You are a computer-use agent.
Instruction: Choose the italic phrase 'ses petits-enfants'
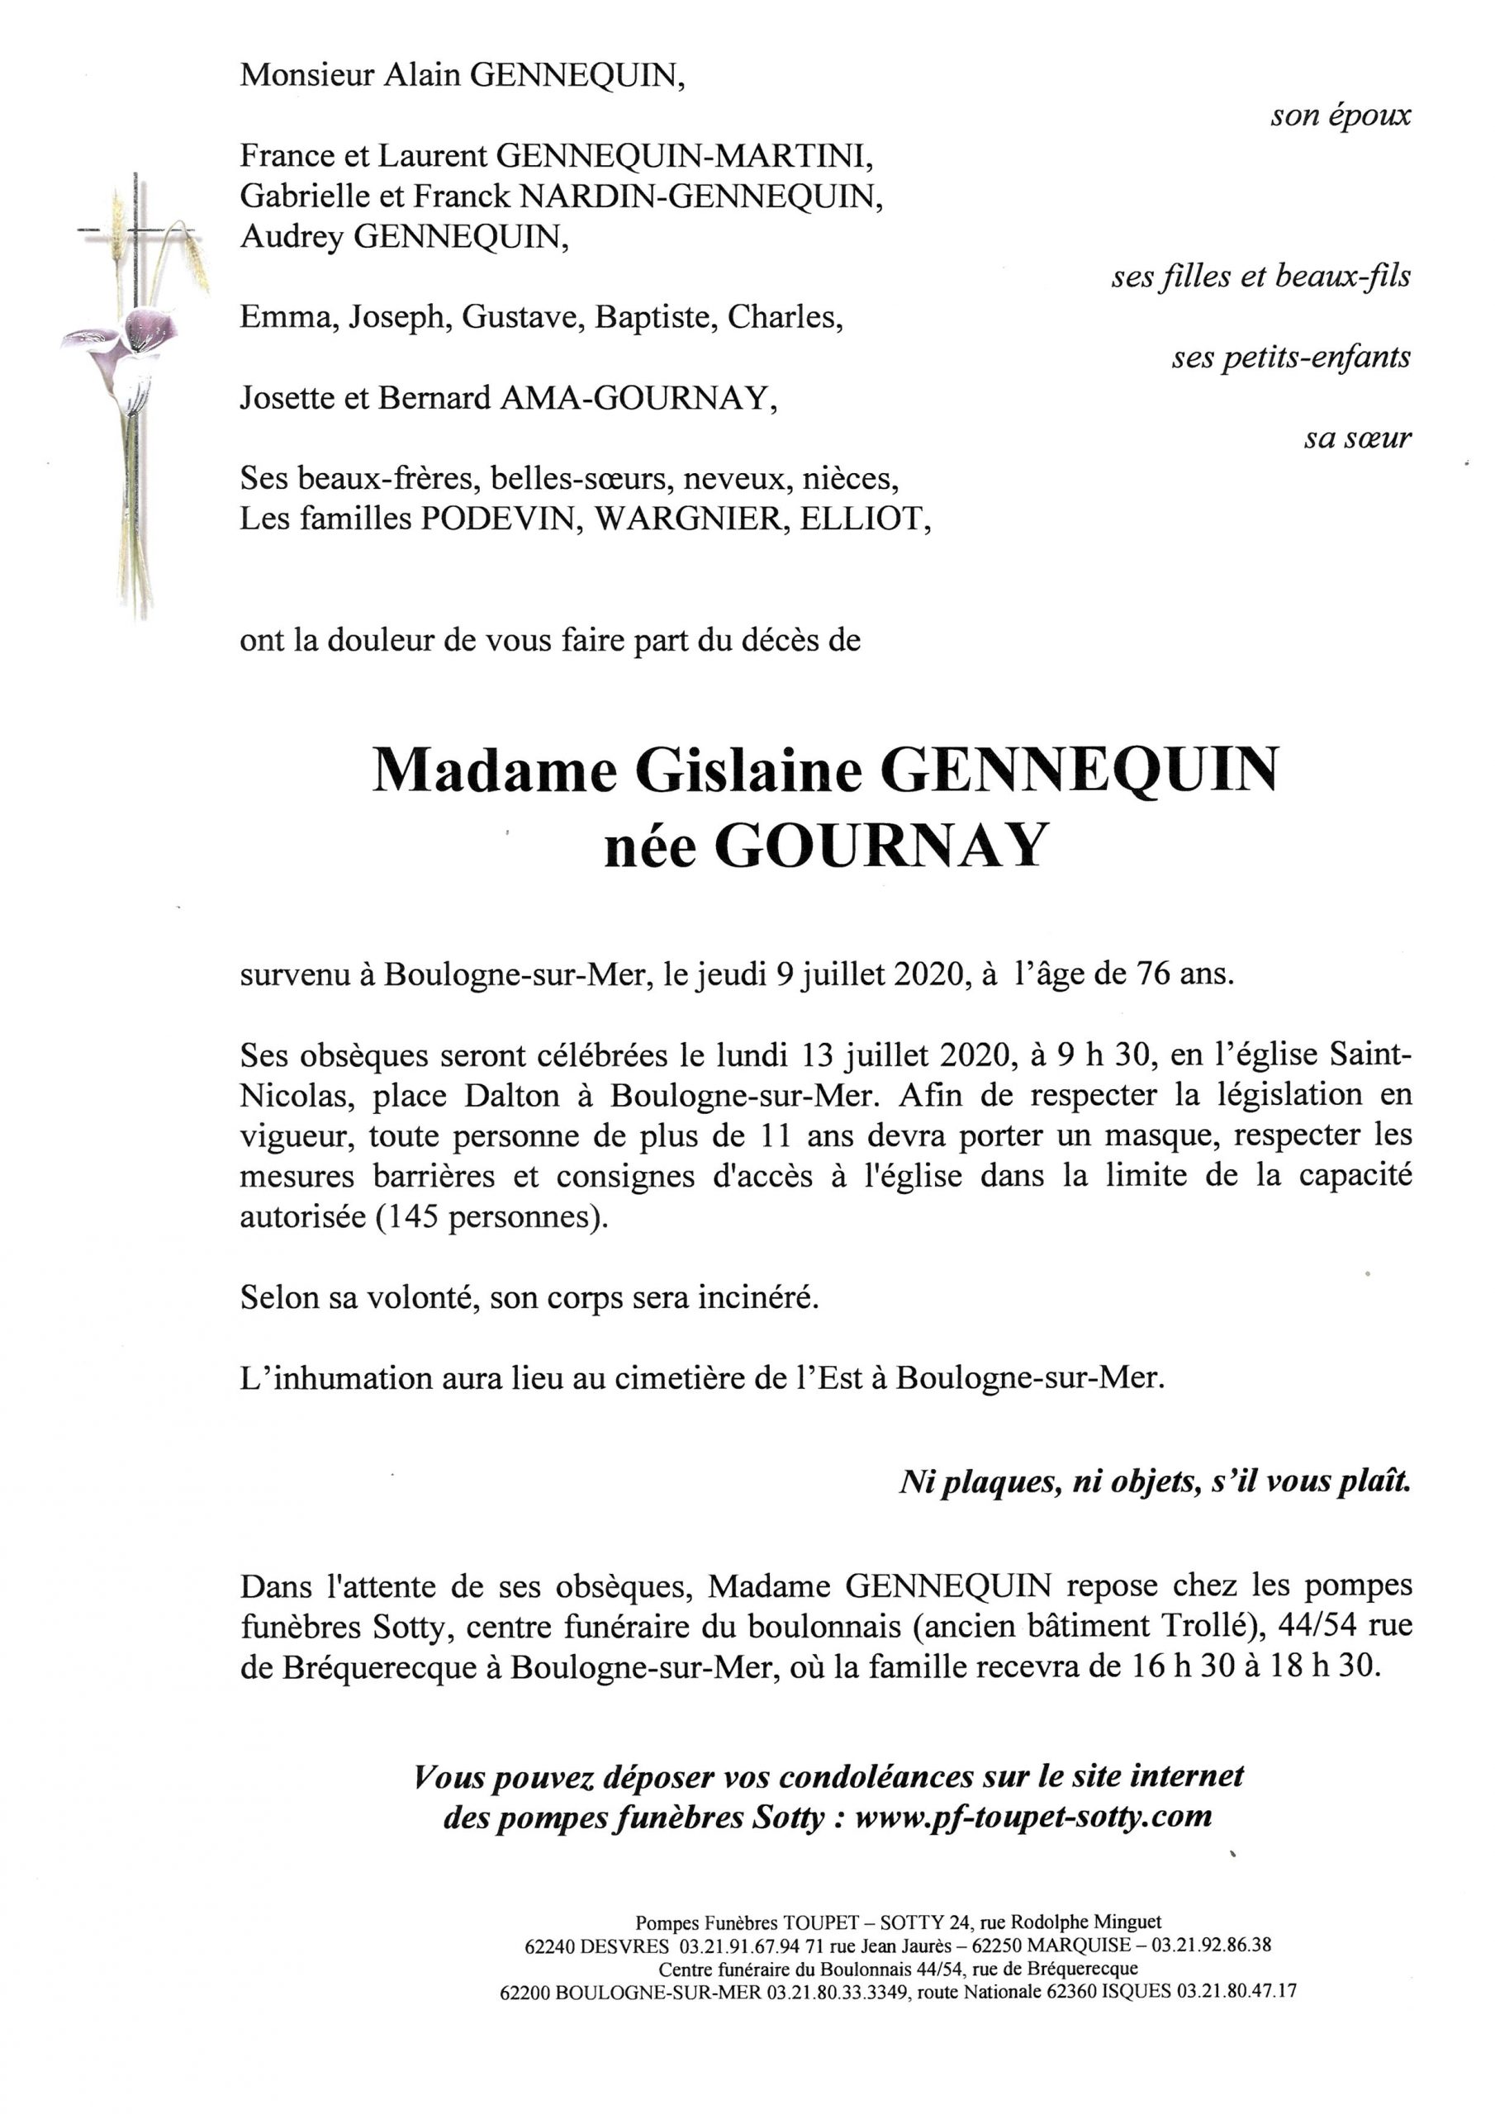click(1290, 358)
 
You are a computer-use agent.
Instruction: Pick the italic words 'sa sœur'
click(1357, 438)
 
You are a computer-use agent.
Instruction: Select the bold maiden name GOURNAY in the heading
click(881, 846)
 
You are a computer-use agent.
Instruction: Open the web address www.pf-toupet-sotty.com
click(1032, 1817)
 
